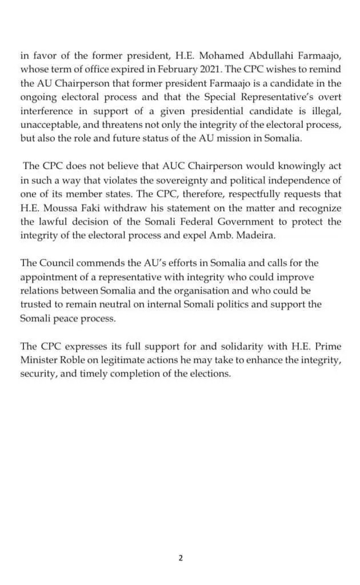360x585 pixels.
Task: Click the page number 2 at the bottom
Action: pos(180,558)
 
